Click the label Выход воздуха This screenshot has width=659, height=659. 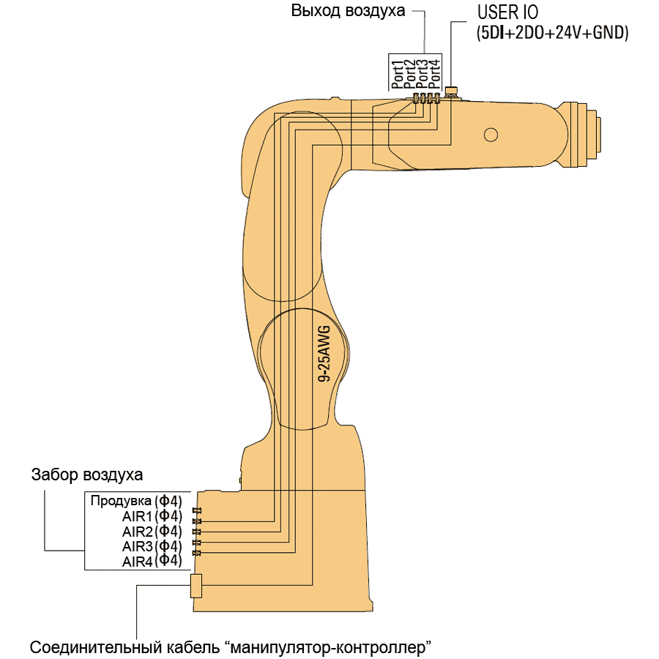coord(348,12)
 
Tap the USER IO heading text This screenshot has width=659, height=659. coord(508,13)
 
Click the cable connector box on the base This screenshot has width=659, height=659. coord(196,586)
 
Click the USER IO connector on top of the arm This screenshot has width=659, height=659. coord(452,92)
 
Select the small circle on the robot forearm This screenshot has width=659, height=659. coord(491,134)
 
